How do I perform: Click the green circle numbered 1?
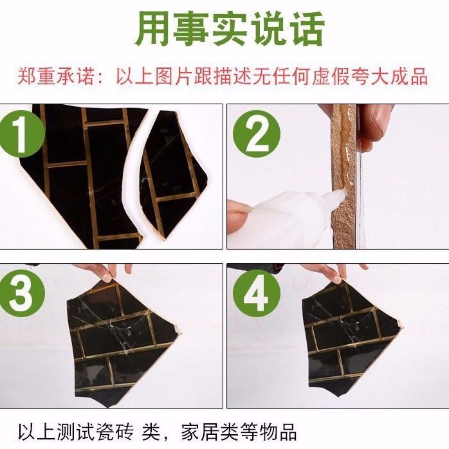pos(21,134)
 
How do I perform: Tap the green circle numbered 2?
pos(256,134)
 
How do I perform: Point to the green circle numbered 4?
pos(256,293)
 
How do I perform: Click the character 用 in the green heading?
pos(153,29)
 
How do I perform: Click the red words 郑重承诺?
pos(56,76)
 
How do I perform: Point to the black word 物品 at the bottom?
pos(278,432)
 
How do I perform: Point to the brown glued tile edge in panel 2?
pos(343,176)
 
